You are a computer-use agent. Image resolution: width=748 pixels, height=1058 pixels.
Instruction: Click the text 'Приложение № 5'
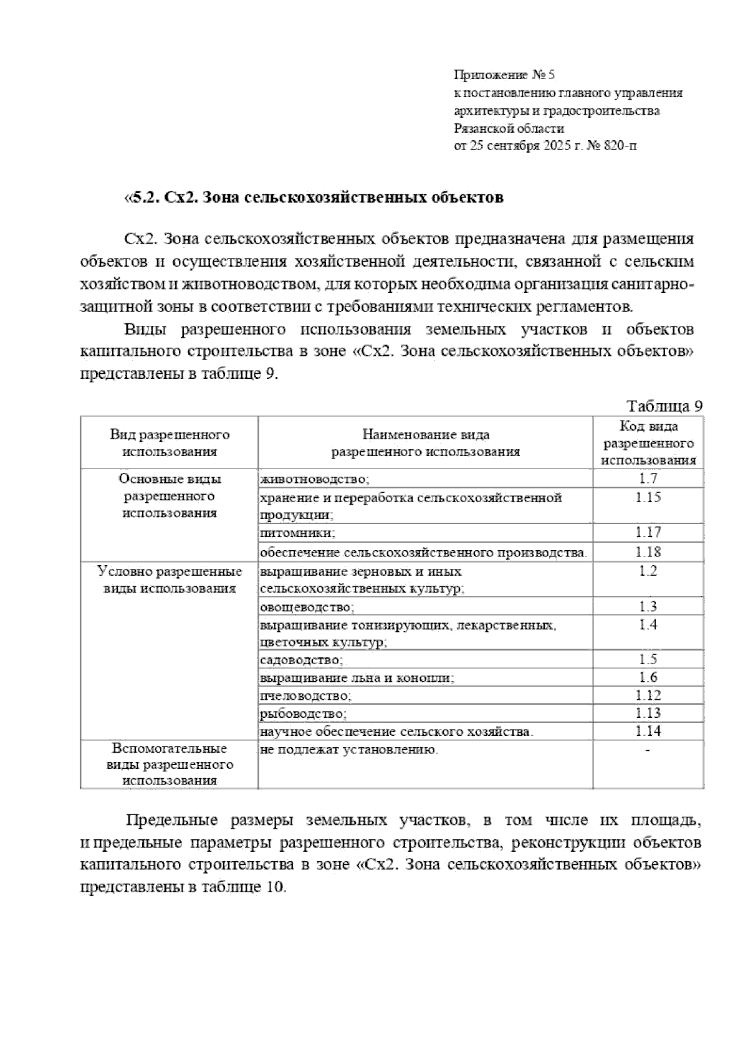504,75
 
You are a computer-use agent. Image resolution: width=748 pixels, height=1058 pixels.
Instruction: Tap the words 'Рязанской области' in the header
509,129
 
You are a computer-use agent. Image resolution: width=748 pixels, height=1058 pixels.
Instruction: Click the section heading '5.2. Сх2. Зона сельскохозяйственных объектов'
314,198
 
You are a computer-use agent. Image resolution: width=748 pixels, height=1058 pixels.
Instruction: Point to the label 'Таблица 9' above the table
665,406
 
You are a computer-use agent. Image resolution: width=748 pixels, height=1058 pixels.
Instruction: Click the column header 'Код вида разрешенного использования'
648,443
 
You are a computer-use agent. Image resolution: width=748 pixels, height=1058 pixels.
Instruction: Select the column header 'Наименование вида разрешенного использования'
425,443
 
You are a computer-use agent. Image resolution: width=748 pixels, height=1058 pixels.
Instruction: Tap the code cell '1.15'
648,497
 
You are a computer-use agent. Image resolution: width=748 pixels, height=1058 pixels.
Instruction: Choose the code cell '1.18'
648,551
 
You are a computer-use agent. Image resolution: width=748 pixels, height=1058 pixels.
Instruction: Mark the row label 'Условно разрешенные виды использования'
170,579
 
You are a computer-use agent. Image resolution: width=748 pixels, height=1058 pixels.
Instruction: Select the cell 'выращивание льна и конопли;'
357,678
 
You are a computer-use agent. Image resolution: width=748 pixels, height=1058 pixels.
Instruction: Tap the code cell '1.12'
648,695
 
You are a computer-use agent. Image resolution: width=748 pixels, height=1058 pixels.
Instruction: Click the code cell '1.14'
648,731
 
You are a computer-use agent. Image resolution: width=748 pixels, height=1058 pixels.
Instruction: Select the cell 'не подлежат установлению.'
349,750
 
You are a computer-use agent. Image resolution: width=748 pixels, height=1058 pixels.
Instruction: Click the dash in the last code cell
648,751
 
